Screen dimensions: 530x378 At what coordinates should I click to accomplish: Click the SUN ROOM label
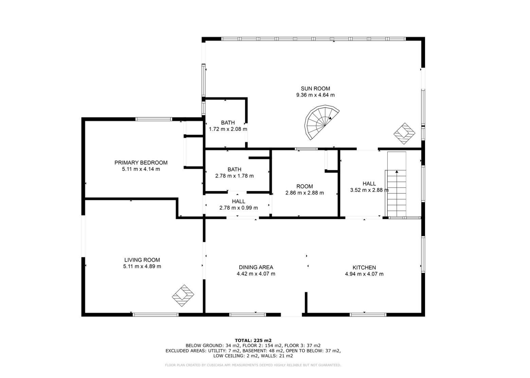coord(315,88)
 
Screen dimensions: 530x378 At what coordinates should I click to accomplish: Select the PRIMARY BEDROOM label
coord(141,162)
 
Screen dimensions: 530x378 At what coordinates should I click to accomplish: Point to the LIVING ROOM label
coord(142,260)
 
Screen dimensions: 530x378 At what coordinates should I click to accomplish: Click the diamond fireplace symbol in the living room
coord(183,296)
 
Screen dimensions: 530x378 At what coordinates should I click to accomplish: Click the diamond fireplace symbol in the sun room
coord(404,134)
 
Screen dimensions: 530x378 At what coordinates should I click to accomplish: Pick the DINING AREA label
coord(256,267)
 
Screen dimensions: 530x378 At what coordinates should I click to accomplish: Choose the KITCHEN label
coord(364,268)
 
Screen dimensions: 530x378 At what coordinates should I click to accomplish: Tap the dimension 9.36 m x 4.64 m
coord(315,95)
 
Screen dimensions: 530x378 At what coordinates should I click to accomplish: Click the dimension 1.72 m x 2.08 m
coord(228,129)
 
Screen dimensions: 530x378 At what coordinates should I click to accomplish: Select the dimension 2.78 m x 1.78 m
coord(234,176)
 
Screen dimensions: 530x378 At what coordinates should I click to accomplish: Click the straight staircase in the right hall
coord(397,184)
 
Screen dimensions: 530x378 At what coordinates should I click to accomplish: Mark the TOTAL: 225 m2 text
coord(253,341)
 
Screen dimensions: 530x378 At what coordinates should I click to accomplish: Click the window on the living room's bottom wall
coord(156,314)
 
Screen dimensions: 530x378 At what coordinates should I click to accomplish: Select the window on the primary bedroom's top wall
coord(154,119)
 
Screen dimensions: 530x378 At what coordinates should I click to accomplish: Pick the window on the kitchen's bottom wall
coord(368,314)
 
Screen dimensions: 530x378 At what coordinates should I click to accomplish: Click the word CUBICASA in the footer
coord(215,365)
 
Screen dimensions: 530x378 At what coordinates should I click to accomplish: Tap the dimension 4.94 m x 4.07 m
coord(364,274)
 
